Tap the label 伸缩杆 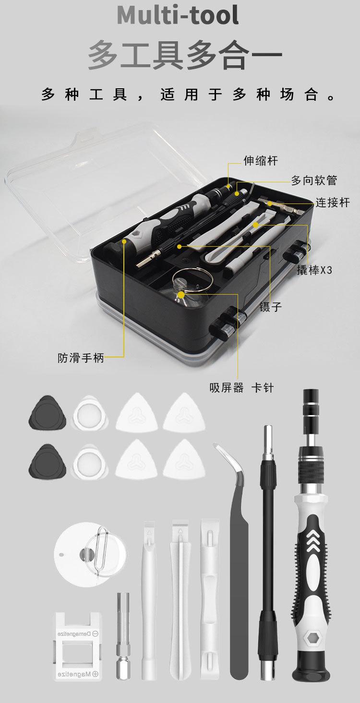click(260, 160)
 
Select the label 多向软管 click(314, 180)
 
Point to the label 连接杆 click(333, 203)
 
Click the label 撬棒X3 click(314, 270)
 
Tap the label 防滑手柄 click(81, 358)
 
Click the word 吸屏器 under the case click(227, 388)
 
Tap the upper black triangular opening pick click(47, 414)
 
